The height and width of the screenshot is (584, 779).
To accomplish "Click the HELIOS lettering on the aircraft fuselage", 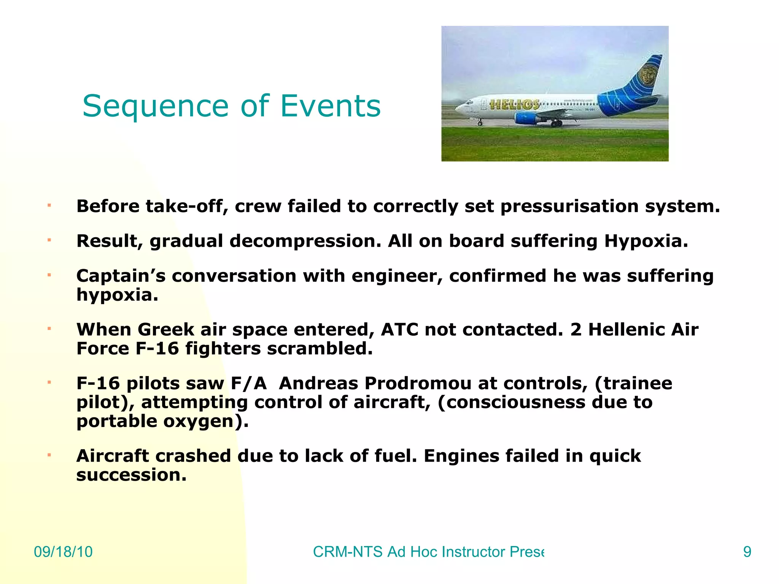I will click(x=514, y=105).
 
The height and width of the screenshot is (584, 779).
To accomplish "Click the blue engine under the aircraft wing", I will click(x=526, y=118).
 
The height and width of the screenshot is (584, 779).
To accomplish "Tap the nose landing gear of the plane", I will click(x=480, y=122).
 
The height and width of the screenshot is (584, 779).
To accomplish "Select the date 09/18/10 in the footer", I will click(x=63, y=552).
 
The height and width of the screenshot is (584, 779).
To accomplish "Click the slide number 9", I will click(x=747, y=552).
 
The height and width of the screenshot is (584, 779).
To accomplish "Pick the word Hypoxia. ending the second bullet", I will click(x=646, y=241).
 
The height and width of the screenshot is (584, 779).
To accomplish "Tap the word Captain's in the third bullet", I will click(x=121, y=276).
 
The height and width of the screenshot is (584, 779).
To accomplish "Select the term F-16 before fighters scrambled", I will click(x=157, y=349).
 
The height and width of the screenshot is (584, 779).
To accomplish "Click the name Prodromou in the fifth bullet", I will click(x=418, y=383).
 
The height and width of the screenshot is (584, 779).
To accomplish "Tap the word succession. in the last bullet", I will click(x=132, y=475).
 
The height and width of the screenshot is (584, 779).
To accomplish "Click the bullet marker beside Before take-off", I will click(x=49, y=206).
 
